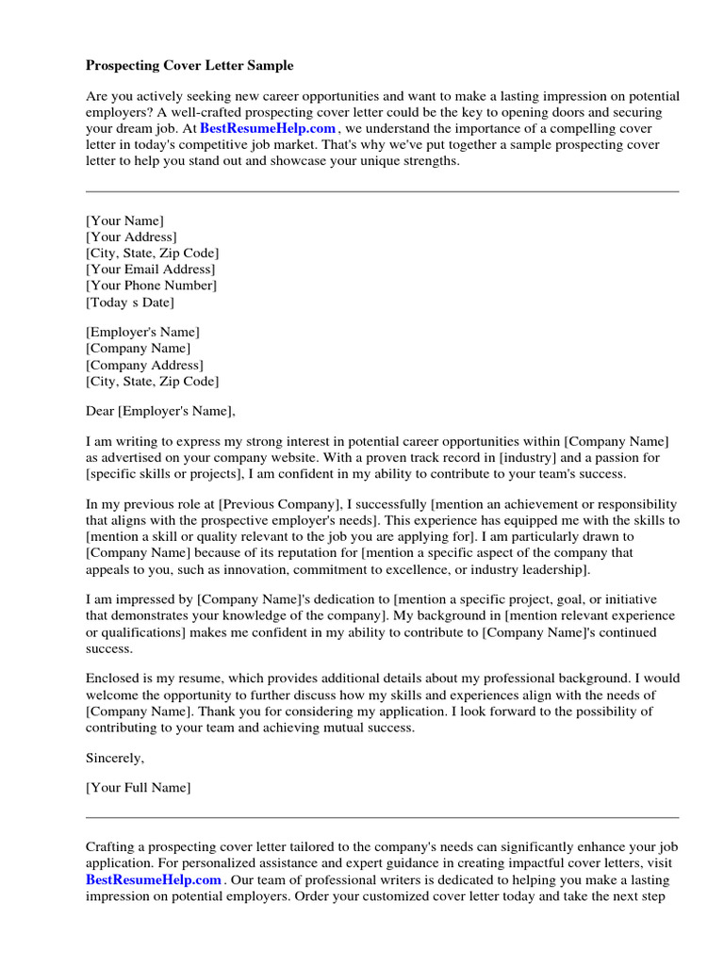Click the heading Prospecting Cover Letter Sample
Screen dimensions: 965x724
[x=189, y=66]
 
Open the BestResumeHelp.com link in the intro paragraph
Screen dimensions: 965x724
[x=268, y=128]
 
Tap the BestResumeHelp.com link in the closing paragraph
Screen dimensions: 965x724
[x=154, y=879]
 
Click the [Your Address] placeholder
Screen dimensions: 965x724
[x=131, y=237]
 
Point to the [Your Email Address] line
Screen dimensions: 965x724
[x=150, y=270]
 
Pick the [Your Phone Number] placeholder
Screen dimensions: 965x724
[x=151, y=286]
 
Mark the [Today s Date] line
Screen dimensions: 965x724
[x=130, y=303]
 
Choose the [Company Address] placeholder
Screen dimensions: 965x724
[x=144, y=365]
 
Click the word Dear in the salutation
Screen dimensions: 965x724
[x=100, y=411]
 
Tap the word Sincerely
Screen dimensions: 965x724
[x=115, y=757]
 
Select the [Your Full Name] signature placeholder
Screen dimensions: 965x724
[x=138, y=787]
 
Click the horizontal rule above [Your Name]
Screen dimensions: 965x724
[x=382, y=192]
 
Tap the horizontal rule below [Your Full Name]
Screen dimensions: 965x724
[x=382, y=817]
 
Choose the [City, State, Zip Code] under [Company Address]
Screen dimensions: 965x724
[x=152, y=382]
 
